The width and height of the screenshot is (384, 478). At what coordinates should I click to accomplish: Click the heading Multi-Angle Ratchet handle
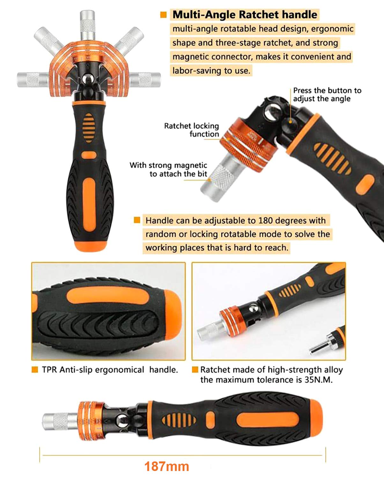[245, 15]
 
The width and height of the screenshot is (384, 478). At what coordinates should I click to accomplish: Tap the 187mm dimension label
[166, 467]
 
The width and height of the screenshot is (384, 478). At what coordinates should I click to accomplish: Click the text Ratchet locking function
[192, 130]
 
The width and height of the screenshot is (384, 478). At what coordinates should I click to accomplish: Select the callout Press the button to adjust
[327, 95]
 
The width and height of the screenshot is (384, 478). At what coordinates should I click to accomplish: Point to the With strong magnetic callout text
[168, 170]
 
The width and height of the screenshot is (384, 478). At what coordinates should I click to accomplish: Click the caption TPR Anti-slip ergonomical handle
[110, 370]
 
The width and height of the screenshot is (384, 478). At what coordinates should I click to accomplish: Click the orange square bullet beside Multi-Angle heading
[163, 15]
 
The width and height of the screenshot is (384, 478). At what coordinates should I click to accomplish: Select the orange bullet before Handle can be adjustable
[137, 220]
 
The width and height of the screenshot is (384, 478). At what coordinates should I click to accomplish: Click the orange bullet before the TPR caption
[35, 370]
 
